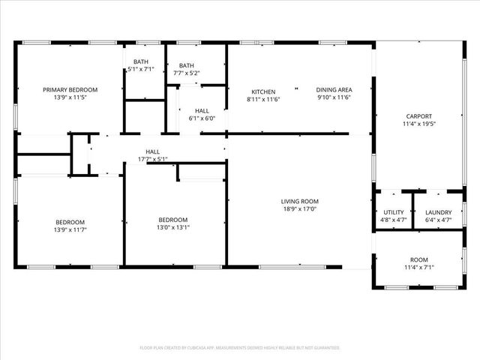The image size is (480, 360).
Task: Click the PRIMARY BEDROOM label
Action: tap(70, 89)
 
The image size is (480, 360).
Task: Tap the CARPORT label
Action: tap(418, 116)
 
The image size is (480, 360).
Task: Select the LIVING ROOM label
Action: tap(300, 201)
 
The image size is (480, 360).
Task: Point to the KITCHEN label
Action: tap(262, 91)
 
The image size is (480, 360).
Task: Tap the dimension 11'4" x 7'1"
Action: tap(419, 267)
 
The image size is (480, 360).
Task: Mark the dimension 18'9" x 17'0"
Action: tap(300, 209)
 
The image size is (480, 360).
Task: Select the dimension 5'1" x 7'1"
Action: tap(142, 69)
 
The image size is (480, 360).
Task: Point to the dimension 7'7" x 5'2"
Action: tap(187, 73)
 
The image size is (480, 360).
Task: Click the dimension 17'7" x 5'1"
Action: tap(152, 159)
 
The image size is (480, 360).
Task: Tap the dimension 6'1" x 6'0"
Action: tap(201, 118)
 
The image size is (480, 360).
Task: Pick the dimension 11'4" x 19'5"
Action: tap(418, 124)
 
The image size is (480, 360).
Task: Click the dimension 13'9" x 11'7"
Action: tap(70, 230)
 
